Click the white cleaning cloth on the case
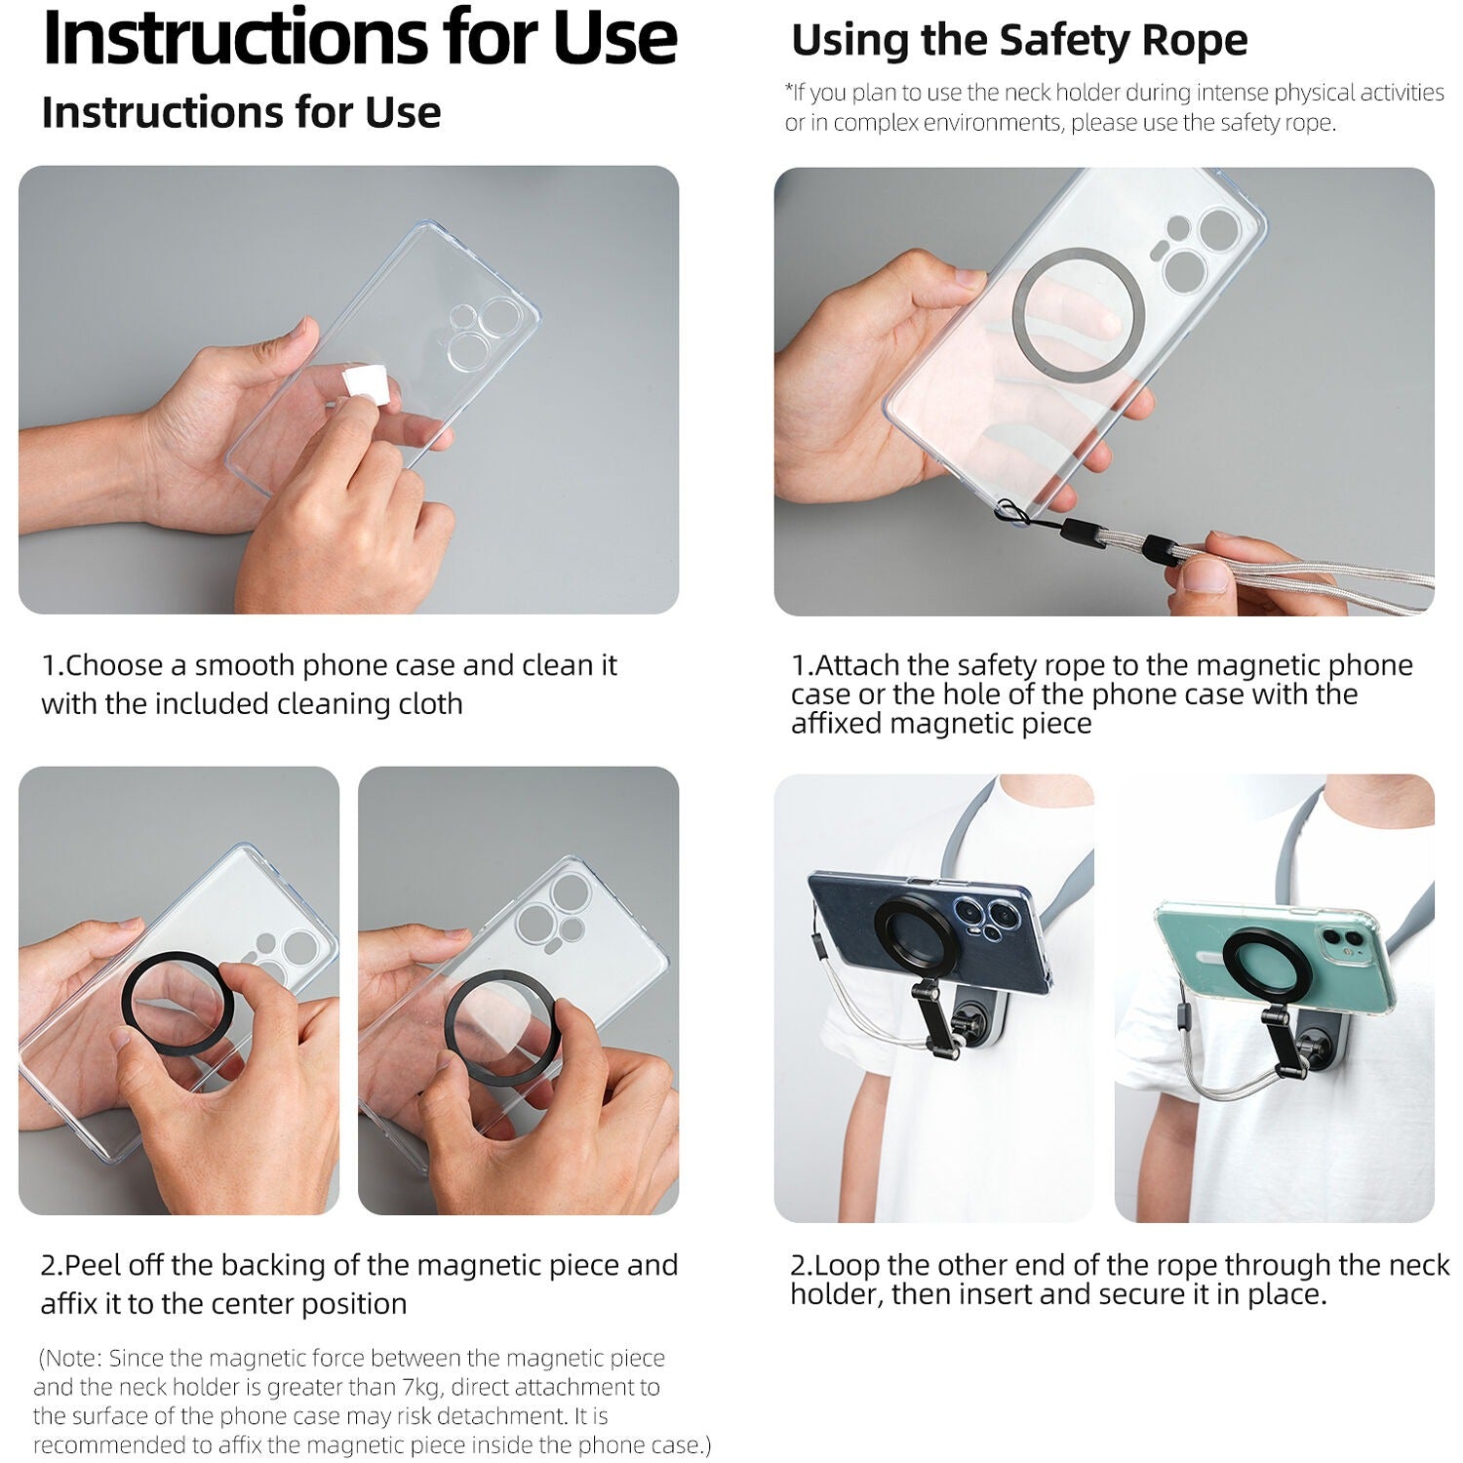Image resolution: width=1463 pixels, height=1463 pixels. point(368,385)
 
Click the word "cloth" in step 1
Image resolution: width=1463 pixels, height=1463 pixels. point(430,703)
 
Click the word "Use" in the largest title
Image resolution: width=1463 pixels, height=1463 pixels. point(615,36)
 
